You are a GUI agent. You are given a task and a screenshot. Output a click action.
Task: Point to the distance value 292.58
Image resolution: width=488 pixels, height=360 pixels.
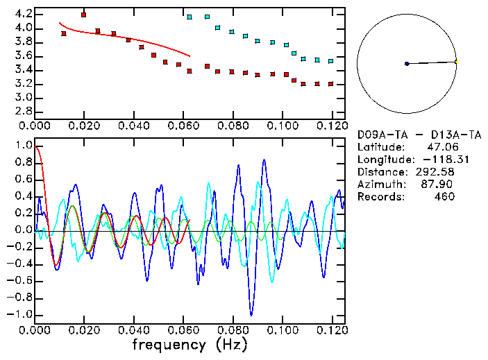click(x=435, y=171)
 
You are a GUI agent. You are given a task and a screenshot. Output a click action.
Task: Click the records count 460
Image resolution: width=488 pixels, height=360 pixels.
click(x=444, y=196)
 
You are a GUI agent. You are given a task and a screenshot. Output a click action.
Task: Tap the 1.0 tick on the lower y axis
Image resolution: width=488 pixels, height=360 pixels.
click(x=22, y=146)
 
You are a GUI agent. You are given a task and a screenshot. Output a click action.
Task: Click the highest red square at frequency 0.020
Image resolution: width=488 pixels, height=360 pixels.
click(x=83, y=15)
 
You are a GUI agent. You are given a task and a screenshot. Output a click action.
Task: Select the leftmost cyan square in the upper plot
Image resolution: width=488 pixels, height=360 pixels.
click(x=190, y=17)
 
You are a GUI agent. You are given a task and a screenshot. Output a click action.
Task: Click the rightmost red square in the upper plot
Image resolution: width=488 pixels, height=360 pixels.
click(x=331, y=84)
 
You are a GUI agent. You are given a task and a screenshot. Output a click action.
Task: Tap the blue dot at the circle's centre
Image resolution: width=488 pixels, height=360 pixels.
click(x=407, y=64)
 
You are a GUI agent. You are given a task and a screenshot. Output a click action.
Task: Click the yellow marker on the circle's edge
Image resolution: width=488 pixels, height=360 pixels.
click(x=456, y=62)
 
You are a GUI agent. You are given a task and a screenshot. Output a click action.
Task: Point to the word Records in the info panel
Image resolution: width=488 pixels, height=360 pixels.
click(x=380, y=196)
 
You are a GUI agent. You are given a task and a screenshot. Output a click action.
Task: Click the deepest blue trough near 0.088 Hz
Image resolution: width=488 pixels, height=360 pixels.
click(x=251, y=314)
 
